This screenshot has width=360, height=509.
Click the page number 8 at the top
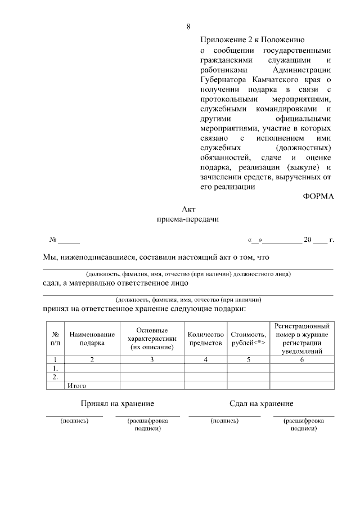click(x=188, y=26)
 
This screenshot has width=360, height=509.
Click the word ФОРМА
click(x=318, y=196)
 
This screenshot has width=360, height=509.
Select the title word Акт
click(x=188, y=209)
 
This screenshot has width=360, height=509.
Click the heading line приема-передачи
click(x=188, y=220)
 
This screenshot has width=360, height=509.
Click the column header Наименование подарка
click(x=92, y=338)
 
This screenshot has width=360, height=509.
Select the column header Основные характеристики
click(x=152, y=338)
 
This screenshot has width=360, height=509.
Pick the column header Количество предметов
click(x=206, y=338)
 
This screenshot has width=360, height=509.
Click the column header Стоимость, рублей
click(x=248, y=338)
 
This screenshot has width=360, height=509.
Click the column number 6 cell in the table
click(x=302, y=360)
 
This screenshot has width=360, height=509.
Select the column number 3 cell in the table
click(x=152, y=360)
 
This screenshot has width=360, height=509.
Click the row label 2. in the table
click(x=55, y=377)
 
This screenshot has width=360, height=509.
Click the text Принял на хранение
click(x=117, y=404)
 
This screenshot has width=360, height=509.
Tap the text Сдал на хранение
click(x=261, y=404)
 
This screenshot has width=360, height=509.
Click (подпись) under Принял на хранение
click(x=74, y=421)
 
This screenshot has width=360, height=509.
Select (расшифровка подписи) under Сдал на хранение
click(x=304, y=424)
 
